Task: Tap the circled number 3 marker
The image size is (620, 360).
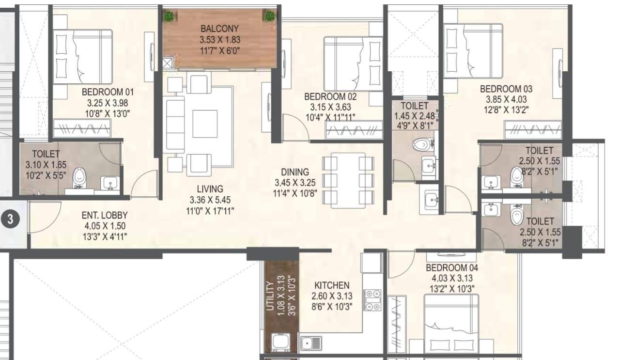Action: pyautogui.click(x=10, y=219)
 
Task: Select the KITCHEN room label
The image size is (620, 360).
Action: pyautogui.click(x=331, y=285)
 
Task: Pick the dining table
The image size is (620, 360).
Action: pyautogui.click(x=348, y=180)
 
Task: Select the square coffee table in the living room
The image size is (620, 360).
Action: pyautogui.click(x=205, y=124)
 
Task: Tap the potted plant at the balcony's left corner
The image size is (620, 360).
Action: pyautogui.click(x=169, y=16)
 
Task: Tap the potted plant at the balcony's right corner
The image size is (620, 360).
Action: pyautogui.click(x=269, y=16)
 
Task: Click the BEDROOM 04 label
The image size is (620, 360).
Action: pyautogui.click(x=449, y=268)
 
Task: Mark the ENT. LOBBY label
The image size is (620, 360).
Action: pyautogui.click(x=105, y=215)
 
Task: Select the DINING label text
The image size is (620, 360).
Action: pyautogui.click(x=294, y=172)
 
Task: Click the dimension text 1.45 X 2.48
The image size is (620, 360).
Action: pyautogui.click(x=415, y=116)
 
